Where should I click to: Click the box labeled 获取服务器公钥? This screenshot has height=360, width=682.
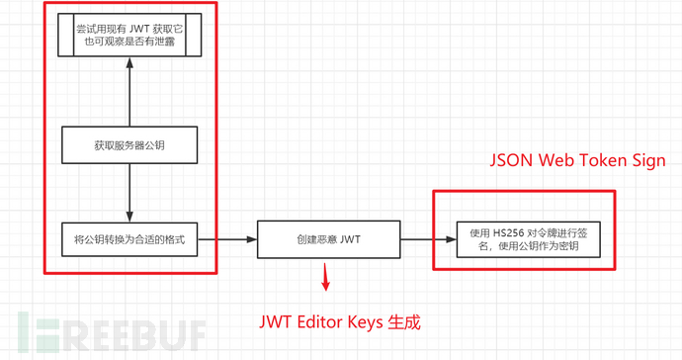tap(130, 144)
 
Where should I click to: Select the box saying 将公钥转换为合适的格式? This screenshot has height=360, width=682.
tap(130, 239)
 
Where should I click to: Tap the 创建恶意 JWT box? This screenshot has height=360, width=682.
tap(328, 239)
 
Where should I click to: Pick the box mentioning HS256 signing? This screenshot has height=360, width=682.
tap(524, 239)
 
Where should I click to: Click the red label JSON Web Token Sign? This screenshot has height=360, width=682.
tap(578, 160)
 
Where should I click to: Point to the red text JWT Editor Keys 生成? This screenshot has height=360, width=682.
tap(341, 322)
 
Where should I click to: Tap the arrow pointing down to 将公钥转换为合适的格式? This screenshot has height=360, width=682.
tap(130, 193)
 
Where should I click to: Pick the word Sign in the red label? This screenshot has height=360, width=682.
tap(648, 160)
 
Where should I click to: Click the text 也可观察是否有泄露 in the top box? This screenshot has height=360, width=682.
tap(129, 43)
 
